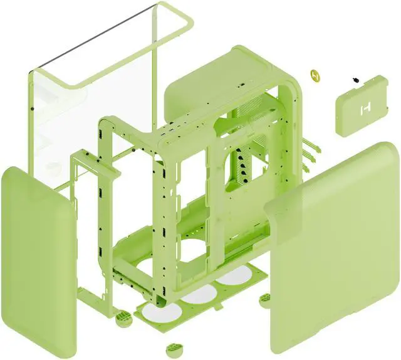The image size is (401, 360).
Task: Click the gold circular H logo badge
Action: click(316, 75)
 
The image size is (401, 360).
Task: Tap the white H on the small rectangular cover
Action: click(363, 110)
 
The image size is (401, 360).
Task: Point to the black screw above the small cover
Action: click(356, 80)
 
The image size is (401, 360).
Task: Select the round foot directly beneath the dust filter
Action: click(170, 347)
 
